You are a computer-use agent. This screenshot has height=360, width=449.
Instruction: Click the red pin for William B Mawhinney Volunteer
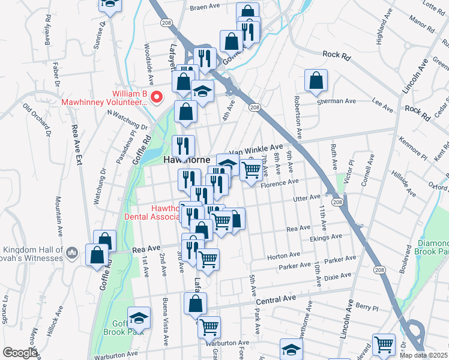coord(157,97)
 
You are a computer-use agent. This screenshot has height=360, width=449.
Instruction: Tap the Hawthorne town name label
coord(187,160)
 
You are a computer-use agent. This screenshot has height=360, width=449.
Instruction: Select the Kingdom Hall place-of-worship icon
coord(71,252)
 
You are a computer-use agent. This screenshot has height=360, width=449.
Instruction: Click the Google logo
coord(20,353)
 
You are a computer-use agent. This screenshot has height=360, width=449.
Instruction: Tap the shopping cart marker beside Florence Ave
coord(251,170)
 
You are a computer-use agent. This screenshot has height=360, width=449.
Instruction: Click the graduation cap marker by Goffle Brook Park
coord(139,317)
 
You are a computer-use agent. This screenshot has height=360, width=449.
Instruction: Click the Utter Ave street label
coord(307,197)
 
